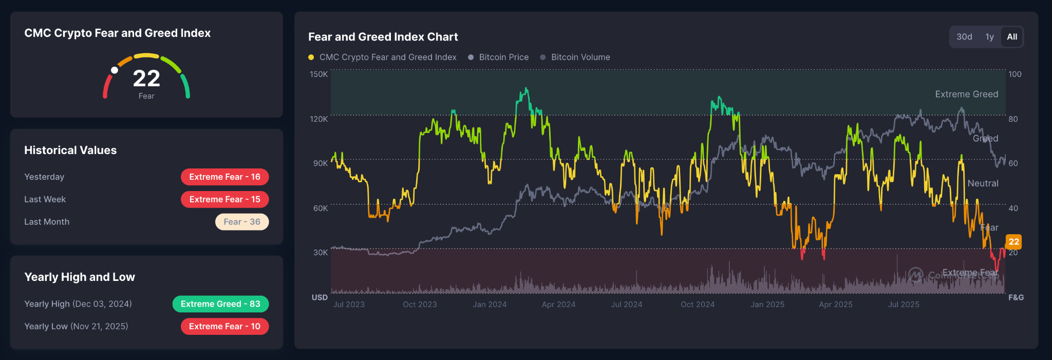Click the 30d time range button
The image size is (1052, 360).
[x=964, y=37]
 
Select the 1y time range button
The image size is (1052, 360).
[x=989, y=37]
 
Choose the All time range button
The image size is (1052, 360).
[x=1012, y=37]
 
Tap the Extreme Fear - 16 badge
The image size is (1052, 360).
[x=224, y=177]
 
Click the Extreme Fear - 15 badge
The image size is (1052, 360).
[x=224, y=199]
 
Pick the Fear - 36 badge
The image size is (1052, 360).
[x=242, y=222]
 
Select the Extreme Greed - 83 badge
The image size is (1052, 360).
[x=220, y=304]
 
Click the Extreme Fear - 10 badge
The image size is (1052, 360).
[x=224, y=327]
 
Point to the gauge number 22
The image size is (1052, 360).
[x=146, y=79]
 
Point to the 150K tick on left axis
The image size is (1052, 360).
[x=318, y=74]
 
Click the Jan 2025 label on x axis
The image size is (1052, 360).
[x=767, y=305]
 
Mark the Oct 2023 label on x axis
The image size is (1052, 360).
[x=420, y=305]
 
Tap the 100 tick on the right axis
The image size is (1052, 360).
[x=1015, y=74]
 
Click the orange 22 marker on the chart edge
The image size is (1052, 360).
[x=1013, y=242]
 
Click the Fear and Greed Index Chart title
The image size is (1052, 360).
[x=383, y=37]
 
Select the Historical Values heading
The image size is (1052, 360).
[x=70, y=150]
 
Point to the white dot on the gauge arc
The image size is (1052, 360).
[x=115, y=70]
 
